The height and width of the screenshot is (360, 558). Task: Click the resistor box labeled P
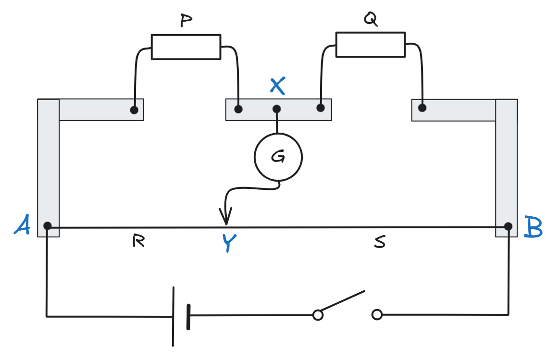[x=186, y=47]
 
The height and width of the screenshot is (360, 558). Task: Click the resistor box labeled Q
[x=370, y=44]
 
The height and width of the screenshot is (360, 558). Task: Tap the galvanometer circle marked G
[x=278, y=157]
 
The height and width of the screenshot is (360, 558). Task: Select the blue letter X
[x=278, y=86]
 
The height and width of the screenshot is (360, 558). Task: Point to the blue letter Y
[x=229, y=243]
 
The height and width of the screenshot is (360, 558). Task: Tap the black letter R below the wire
[x=138, y=241]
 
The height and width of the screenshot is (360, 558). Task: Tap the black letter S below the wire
[x=380, y=242]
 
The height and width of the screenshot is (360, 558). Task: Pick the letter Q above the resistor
[x=370, y=19]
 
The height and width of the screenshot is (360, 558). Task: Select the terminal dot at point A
[x=47, y=225]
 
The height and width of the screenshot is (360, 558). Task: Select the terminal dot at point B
[x=508, y=226]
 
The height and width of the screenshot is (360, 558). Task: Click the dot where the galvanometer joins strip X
[x=277, y=109]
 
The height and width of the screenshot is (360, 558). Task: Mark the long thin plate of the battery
[x=173, y=316]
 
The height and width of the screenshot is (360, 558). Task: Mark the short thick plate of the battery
[x=188, y=316]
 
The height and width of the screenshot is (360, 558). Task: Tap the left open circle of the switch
[x=317, y=315]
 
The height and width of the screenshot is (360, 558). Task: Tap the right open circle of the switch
[x=377, y=315]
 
